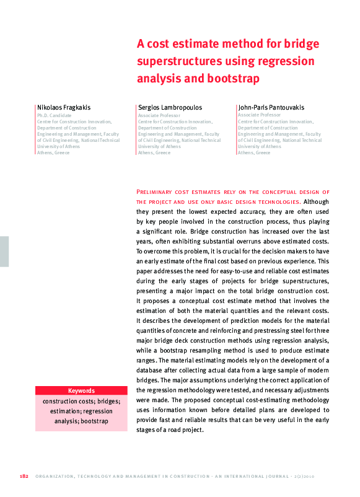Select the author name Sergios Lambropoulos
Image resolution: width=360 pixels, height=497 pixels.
pos(170,107)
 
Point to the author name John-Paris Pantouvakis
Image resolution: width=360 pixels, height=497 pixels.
pos(271,107)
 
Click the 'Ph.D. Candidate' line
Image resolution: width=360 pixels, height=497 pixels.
pos(55,115)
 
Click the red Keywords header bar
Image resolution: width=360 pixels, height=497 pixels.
pos(81,391)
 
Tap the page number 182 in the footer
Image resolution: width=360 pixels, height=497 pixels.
pos(25,477)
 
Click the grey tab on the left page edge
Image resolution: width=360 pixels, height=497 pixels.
pos(4,251)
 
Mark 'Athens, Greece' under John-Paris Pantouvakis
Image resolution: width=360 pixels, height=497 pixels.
pos(254,152)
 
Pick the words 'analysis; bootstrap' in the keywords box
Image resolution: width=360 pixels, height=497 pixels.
pos(81,421)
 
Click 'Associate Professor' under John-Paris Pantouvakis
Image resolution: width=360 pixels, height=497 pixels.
pos(259,115)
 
